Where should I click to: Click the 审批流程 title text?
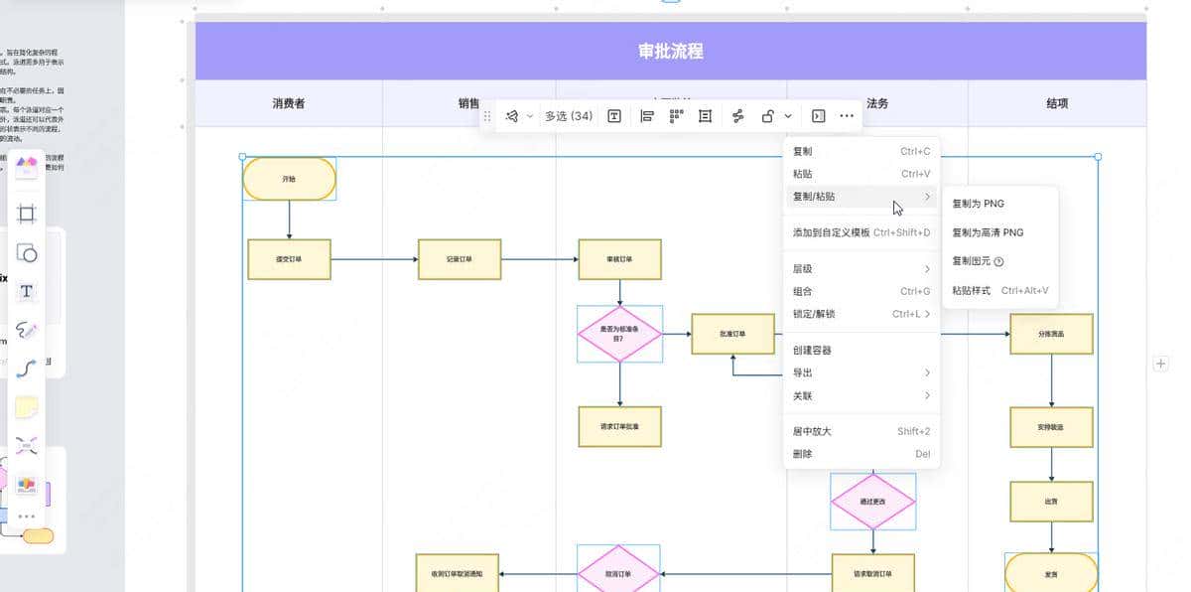click(x=671, y=52)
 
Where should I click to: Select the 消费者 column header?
click(x=289, y=103)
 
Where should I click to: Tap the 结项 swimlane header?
click(x=1057, y=103)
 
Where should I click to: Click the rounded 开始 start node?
click(x=289, y=179)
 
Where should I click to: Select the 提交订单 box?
click(x=289, y=259)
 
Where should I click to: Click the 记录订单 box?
click(x=460, y=259)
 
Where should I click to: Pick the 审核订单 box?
click(x=619, y=259)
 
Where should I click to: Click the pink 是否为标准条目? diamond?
click(x=619, y=334)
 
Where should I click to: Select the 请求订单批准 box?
click(x=619, y=426)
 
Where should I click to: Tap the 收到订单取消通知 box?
click(x=457, y=574)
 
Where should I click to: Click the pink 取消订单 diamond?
click(x=619, y=574)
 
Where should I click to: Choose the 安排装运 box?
click(x=1052, y=426)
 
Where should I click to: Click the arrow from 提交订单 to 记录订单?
click(x=374, y=259)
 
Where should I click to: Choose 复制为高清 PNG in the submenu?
click(x=988, y=232)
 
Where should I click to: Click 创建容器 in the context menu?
click(x=812, y=350)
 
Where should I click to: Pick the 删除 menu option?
click(x=802, y=454)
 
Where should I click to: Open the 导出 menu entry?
click(x=802, y=372)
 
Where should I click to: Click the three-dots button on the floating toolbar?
click(x=847, y=116)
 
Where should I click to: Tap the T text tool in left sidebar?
click(x=27, y=291)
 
